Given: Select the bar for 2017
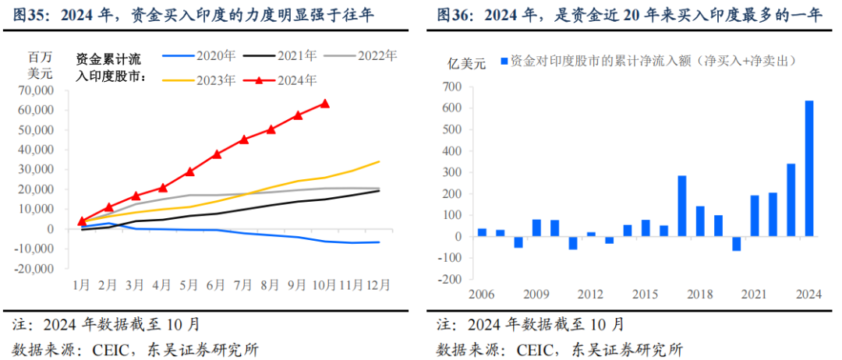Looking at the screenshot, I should click(x=681, y=206).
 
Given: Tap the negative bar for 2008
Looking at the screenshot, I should click(x=518, y=242).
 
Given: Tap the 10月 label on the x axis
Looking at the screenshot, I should click(x=324, y=286).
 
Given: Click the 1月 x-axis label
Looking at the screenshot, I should click(x=82, y=286).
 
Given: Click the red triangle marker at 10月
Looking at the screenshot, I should click(x=325, y=104).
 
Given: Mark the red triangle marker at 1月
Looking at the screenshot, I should click(x=82, y=221).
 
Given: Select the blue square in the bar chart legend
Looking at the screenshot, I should click(x=504, y=61).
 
